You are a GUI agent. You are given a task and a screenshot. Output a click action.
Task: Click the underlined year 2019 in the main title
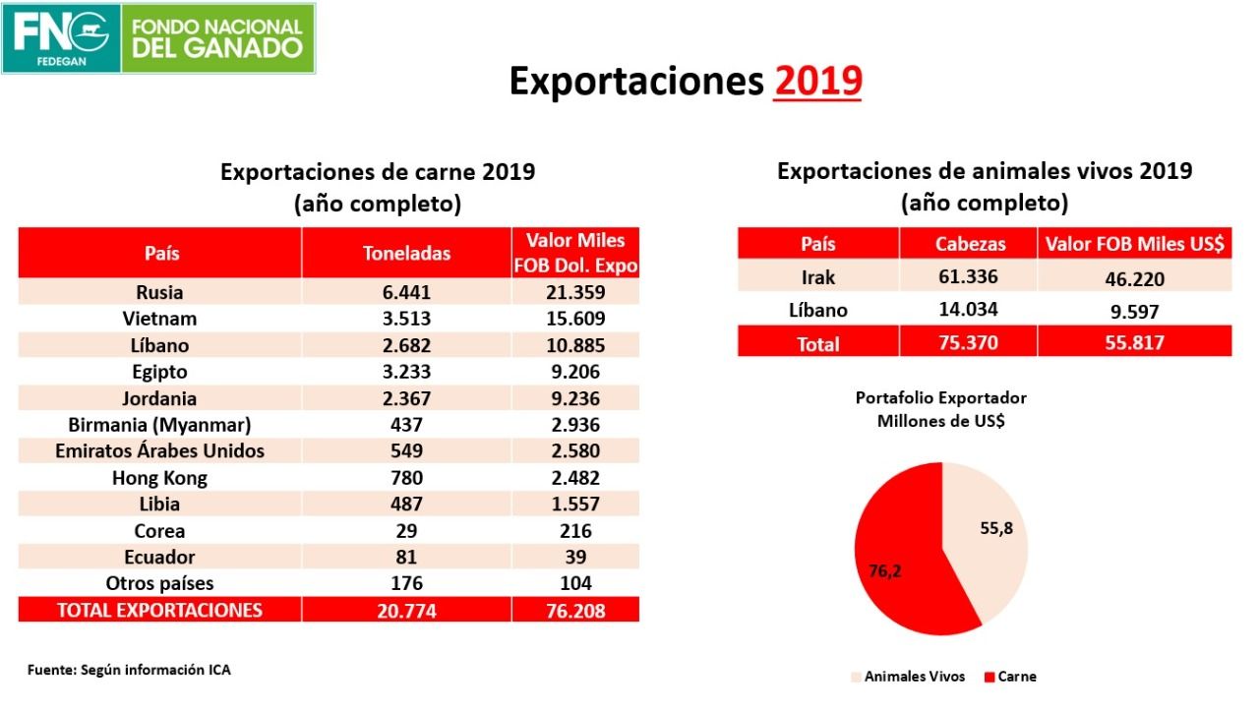pyautogui.click(x=817, y=82)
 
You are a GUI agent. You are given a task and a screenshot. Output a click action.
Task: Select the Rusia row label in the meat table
pyautogui.click(x=159, y=292)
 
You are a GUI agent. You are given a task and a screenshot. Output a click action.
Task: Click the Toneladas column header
pyautogui.click(x=406, y=253)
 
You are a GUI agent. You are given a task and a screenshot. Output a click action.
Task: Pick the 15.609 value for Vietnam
pyautogui.click(x=575, y=319)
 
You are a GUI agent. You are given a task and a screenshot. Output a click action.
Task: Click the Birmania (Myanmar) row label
pyautogui.click(x=159, y=425)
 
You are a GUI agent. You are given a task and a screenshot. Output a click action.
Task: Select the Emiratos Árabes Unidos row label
pyautogui.click(x=159, y=451)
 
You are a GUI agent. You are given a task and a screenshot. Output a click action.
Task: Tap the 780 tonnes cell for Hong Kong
pyautogui.click(x=405, y=478)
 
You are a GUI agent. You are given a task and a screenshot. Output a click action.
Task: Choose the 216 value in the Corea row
pyautogui.click(x=575, y=531)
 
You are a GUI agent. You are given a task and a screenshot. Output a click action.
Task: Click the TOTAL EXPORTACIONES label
pyautogui.click(x=159, y=610)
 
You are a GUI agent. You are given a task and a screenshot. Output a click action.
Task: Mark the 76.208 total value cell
pyautogui.click(x=575, y=611)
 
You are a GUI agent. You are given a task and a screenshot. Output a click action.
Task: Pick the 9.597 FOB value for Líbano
pyautogui.click(x=1133, y=311)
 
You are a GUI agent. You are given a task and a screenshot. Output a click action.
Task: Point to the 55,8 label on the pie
pyautogui.click(x=996, y=528)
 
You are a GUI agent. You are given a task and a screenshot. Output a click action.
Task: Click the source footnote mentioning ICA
pyautogui.click(x=129, y=670)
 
